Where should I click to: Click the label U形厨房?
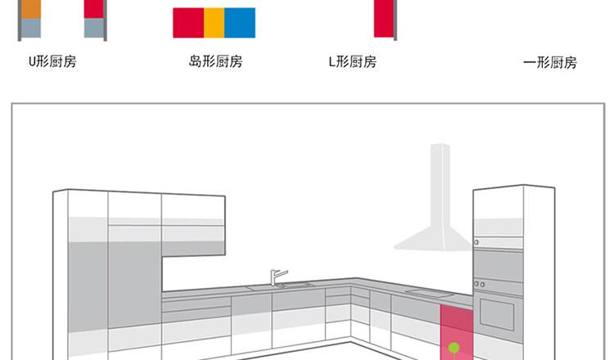pyautogui.click(x=52, y=61)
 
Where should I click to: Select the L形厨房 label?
pyautogui.click(x=353, y=61)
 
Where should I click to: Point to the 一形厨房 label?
pyautogui.click(x=550, y=63)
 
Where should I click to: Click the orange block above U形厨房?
pyautogui.click(x=30, y=9)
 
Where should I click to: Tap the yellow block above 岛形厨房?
pyautogui.click(x=214, y=23)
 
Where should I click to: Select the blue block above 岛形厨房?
pyautogui.click(x=240, y=23)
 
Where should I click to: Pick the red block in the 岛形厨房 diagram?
pyautogui.click(x=188, y=23)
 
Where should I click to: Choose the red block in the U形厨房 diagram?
pyautogui.click(x=94, y=9)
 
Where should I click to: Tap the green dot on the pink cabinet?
pyautogui.click(x=453, y=347)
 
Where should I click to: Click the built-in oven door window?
pyautogui.click(x=497, y=312)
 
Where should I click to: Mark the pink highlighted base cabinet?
pyautogui.click(x=456, y=333)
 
